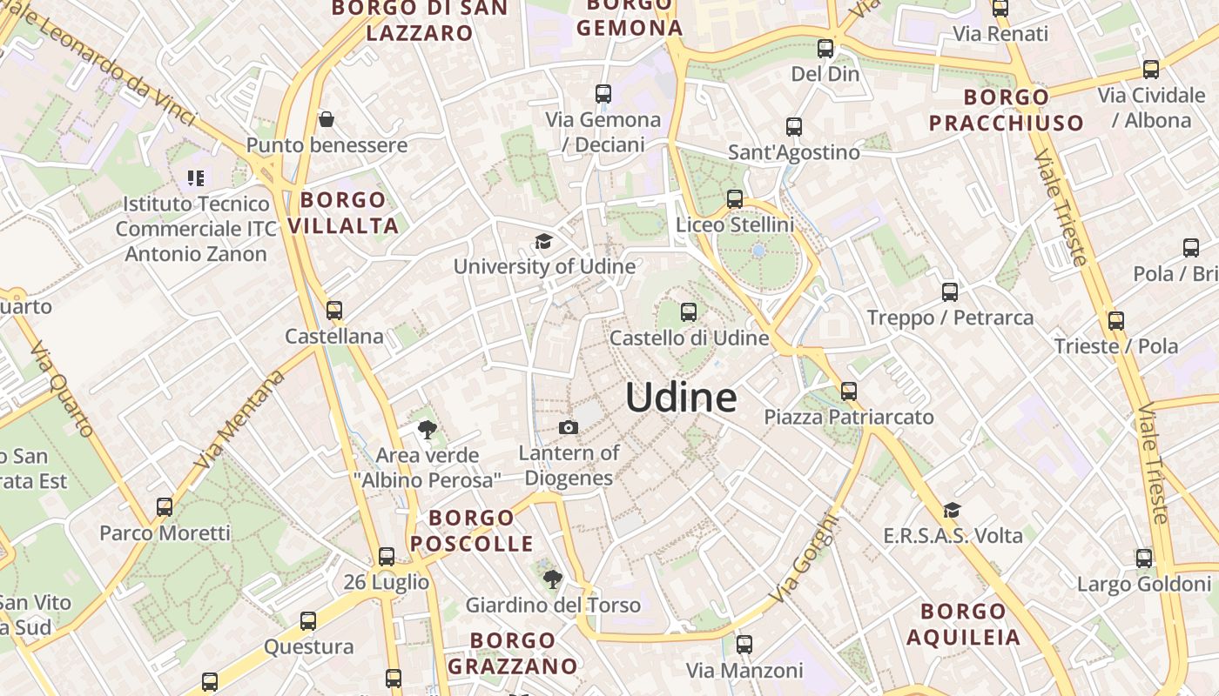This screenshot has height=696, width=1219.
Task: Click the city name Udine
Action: point(681,398)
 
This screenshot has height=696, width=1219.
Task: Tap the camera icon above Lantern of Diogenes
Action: point(568,427)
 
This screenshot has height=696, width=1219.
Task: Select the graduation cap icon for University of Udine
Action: point(543,241)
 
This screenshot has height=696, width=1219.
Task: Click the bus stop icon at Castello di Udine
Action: point(689,311)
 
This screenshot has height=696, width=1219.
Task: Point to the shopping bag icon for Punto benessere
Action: point(327,119)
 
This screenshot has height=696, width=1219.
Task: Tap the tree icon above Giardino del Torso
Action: point(552,579)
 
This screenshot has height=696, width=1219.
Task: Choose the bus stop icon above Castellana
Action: point(334,310)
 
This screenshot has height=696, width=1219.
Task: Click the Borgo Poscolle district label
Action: point(472,531)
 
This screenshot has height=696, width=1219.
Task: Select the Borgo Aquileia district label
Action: point(963,624)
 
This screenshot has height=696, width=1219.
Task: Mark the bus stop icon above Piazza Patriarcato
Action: point(849,391)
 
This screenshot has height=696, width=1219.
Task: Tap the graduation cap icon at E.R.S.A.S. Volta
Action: point(952,510)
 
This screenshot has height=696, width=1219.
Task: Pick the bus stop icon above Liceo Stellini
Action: point(735,199)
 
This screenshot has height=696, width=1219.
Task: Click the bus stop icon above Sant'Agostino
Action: point(794,127)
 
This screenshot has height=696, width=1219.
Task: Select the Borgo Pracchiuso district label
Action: point(1007,110)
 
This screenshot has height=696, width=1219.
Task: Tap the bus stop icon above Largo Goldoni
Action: point(1144,559)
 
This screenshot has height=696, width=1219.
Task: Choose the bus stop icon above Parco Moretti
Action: point(165,507)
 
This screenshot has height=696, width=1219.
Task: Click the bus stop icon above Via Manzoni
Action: point(744,645)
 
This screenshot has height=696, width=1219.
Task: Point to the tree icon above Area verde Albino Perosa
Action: point(427,429)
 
